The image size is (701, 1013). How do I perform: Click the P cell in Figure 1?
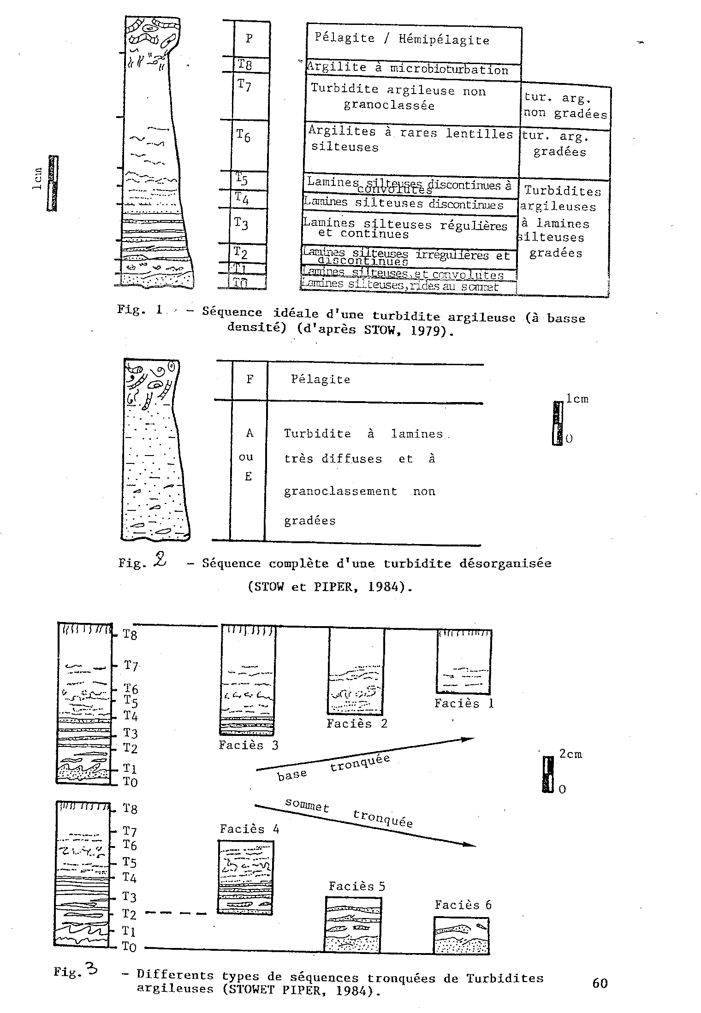pos(250,39)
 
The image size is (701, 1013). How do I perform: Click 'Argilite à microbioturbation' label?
pos(408,69)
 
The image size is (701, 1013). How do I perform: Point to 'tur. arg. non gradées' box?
pos(565,106)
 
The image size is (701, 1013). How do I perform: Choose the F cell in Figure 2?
pos(250,379)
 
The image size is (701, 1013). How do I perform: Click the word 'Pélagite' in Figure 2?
pos(321,379)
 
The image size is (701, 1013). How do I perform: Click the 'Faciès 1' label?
pos(464,704)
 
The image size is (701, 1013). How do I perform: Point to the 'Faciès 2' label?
pos(356,723)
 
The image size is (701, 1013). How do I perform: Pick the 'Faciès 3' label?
pos(249,746)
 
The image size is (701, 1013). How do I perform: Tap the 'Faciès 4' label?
pos(250,829)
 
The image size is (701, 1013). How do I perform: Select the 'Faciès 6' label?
pos(463,905)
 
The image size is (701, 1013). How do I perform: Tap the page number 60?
pos(600,983)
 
